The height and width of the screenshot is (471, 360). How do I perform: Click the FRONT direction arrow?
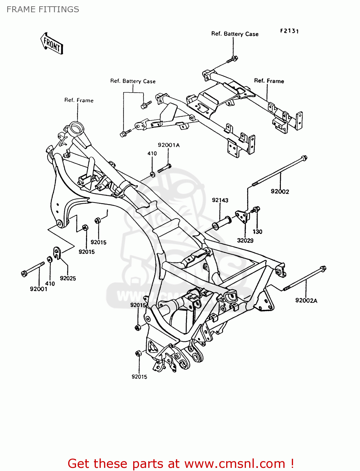[x=52, y=44]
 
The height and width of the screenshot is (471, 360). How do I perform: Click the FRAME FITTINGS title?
[x=43, y=9]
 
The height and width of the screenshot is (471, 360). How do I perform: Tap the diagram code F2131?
[x=289, y=31]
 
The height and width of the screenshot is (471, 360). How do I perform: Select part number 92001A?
[x=169, y=145]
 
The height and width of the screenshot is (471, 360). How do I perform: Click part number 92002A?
[x=306, y=300]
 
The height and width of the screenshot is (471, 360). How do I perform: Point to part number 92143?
[x=220, y=200]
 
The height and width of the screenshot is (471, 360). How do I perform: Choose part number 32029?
[x=245, y=241]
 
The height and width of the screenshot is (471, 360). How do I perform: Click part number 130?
[x=257, y=232]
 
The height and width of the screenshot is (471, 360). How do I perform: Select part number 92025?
[x=68, y=278]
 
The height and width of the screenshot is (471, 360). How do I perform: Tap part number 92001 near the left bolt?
[x=39, y=289]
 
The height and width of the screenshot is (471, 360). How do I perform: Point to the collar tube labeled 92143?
[x=222, y=223]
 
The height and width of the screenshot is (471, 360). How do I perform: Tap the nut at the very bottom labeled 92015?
[x=138, y=353]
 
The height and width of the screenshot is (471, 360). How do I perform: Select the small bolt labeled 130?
[x=256, y=209]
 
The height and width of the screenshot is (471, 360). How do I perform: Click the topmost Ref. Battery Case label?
[x=235, y=34]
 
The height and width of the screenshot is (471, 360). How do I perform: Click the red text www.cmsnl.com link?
[x=235, y=463]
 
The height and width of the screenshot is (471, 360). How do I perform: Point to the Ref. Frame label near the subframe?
[x=269, y=81]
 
